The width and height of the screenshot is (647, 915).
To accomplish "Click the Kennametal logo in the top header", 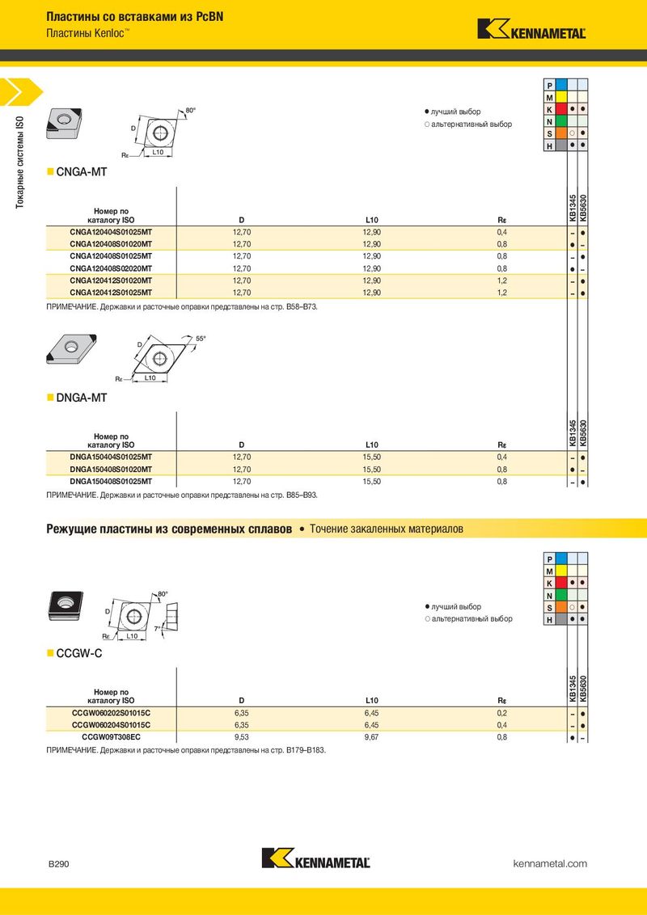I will [531, 29].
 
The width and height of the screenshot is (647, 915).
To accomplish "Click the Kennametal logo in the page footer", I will [316, 858].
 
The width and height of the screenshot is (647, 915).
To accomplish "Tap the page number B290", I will [59, 864].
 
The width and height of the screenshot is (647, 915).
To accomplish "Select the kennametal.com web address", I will [550, 864].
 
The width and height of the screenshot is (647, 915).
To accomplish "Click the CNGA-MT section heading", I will [81, 172].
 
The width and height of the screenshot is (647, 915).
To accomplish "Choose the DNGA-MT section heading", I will [81, 398].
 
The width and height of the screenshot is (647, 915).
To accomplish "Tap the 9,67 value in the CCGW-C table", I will [372, 737].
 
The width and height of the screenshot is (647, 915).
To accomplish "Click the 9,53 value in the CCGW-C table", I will [241, 737].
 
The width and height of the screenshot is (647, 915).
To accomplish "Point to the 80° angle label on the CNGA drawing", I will [191, 110].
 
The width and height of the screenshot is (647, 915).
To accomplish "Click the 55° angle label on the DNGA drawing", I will [201, 338].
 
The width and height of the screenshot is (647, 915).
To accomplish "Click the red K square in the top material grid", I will [549, 108].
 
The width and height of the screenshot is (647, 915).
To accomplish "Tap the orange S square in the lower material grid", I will [549, 607].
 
